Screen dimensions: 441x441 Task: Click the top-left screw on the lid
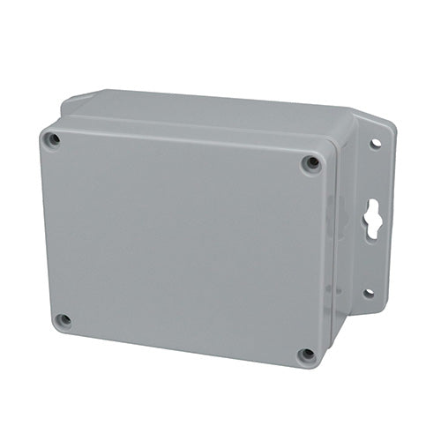53,139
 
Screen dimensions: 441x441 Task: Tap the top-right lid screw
310,163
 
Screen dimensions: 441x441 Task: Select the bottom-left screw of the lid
62,320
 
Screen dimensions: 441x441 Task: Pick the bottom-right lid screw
306,355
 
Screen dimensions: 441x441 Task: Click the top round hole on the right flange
375,142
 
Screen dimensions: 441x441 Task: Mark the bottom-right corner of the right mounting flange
381,305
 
